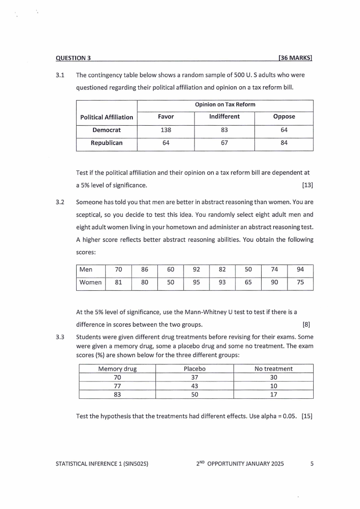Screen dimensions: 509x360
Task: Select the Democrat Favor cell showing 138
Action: [165, 130]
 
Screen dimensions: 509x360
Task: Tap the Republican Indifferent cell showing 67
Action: [224, 143]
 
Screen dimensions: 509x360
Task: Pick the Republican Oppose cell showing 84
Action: [284, 143]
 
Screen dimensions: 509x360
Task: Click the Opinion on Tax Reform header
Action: [225, 104]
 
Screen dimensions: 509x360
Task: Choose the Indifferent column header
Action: [224, 117]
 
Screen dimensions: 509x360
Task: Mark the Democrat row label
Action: [107, 130]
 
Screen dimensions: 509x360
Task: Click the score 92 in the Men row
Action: [196, 269]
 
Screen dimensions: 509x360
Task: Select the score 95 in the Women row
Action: [196, 283]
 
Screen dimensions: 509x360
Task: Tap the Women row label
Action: [90, 283]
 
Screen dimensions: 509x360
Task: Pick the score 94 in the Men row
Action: [300, 269]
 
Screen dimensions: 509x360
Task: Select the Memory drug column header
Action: [117, 369]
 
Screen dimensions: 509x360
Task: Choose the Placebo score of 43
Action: [195, 386]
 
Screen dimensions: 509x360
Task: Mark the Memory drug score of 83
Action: [117, 394]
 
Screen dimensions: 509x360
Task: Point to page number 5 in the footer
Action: [311, 464]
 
